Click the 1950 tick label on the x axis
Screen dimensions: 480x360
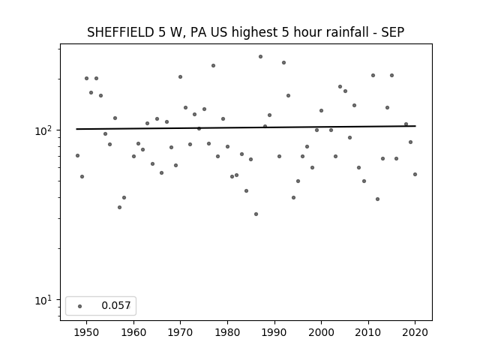(x=87, y=332)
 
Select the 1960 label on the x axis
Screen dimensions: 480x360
(x=133, y=332)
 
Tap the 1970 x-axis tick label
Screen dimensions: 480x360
(x=180, y=332)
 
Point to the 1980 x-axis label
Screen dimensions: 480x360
(x=227, y=332)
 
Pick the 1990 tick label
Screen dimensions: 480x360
(x=274, y=332)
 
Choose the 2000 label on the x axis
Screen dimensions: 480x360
(x=321, y=332)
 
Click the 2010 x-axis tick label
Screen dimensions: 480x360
(x=368, y=332)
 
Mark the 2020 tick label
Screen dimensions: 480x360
(x=415, y=332)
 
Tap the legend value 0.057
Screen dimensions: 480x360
(x=116, y=305)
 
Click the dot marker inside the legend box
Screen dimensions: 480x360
(x=80, y=306)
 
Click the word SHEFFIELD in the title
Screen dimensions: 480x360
(x=121, y=32)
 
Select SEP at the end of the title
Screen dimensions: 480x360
(x=393, y=32)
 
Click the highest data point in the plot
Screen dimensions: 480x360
(x=260, y=57)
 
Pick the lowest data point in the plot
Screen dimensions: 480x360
(x=256, y=214)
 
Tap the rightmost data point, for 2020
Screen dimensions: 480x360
(x=415, y=174)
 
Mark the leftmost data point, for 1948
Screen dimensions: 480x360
(x=77, y=155)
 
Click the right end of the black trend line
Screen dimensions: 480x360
(x=415, y=126)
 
